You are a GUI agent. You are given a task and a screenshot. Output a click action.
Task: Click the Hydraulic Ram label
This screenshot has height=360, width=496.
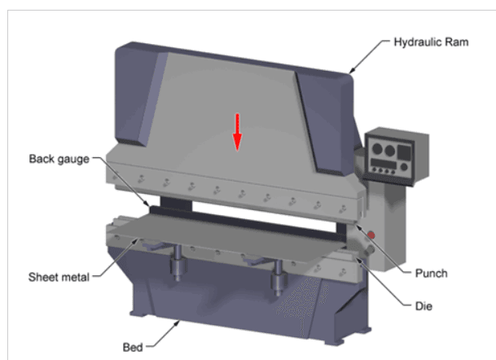pos(431,42)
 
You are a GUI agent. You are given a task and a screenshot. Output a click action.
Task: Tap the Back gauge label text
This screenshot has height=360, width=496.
pos(59,159)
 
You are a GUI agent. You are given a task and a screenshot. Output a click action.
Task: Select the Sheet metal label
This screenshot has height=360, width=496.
pos(59,277)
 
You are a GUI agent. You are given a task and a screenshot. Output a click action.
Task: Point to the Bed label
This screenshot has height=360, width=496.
pos(133,347)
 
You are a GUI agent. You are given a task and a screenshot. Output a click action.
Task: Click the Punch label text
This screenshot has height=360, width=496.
pos(431,274)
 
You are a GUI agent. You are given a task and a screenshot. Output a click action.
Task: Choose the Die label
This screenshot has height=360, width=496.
pos(424,306)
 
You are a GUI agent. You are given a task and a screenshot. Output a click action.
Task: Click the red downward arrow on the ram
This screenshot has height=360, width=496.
pos(237,132)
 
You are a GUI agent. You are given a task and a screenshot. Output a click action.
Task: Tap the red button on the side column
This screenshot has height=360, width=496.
pos(371,235)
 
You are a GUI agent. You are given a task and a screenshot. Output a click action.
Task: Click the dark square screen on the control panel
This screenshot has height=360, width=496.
pos(404,152)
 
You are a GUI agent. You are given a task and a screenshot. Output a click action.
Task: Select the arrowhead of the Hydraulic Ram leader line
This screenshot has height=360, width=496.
pos(351,71)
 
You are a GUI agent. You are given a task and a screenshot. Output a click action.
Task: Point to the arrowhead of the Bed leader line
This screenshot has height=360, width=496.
pos(178,323)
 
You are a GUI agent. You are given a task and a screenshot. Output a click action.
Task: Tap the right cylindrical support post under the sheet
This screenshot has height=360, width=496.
pos(278,277)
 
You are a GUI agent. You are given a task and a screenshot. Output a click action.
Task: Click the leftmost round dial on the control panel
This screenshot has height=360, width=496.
pos(377,148)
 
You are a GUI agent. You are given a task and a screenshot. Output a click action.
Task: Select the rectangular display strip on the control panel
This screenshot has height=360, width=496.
pos(384,164)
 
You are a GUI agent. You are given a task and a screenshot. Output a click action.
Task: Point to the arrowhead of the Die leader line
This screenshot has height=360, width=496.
pos(359,261)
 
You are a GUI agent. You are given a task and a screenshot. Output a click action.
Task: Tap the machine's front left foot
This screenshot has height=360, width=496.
pos(138,314)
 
